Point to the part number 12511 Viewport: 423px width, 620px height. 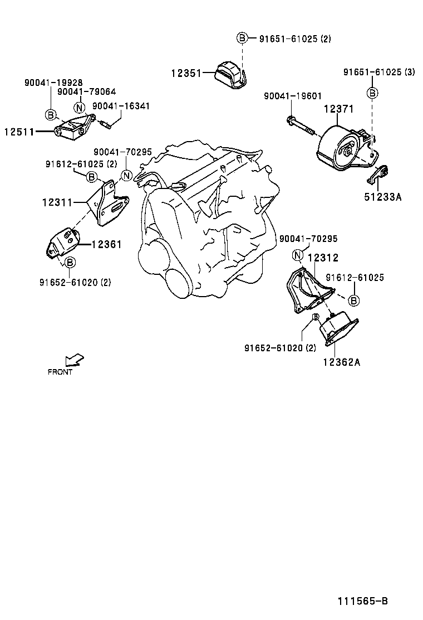coord(19,132)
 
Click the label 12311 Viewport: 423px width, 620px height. coord(57,202)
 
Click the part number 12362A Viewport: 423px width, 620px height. coord(341,362)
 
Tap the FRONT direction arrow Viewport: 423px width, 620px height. coord(75,360)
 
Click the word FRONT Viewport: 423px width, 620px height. coord(60,372)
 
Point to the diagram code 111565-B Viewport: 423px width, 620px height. coord(362,601)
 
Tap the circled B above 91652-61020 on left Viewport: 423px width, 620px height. coord(70,263)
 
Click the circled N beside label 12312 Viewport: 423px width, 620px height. coord(297,255)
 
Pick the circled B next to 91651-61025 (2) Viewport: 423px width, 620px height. coord(242,38)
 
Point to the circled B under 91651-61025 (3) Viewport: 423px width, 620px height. coord(372,93)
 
